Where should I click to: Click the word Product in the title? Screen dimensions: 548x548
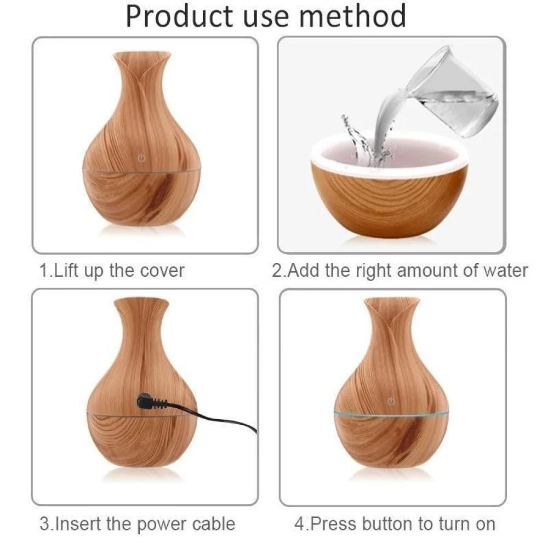(180, 17)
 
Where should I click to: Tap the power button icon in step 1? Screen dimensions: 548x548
(141, 158)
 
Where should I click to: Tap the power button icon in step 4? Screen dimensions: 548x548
(391, 401)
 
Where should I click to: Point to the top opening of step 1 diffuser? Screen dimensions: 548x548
(142, 54)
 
